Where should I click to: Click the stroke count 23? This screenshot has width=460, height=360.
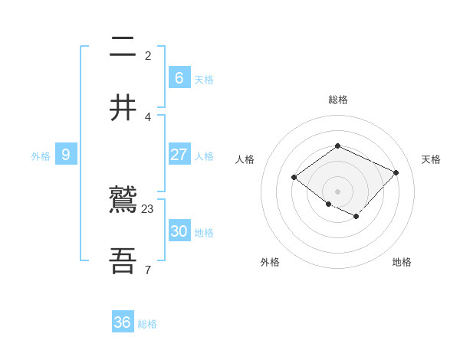148,208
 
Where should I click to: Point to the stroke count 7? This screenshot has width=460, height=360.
148,270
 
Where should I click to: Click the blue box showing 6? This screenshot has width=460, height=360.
179,78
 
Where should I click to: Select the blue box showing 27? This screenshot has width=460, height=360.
179,155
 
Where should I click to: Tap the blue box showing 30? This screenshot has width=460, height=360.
179,231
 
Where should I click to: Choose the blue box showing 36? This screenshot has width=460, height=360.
123,322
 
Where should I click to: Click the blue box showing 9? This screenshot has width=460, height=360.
66,155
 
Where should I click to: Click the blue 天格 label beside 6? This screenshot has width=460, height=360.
204,80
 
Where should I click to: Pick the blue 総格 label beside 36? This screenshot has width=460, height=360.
147,324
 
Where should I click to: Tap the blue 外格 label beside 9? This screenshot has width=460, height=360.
41,156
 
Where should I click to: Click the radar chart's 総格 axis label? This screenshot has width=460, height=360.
337,100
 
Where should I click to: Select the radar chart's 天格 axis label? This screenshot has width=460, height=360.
431,159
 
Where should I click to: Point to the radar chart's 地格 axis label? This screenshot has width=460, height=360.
402,262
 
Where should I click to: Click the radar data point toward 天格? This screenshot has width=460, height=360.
396,172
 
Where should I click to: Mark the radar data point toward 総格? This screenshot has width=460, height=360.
337,146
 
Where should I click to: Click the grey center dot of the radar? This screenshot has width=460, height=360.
337,191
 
